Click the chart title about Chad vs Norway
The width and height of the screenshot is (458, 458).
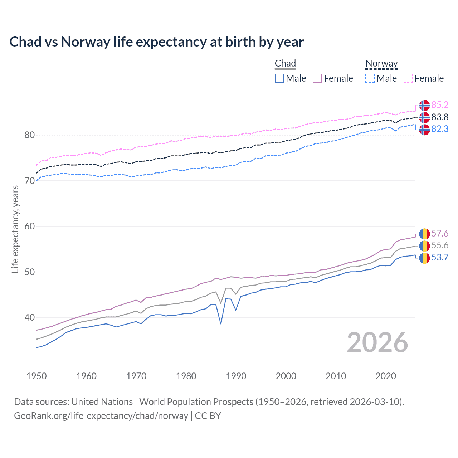point(156,42)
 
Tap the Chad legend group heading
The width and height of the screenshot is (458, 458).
point(285,63)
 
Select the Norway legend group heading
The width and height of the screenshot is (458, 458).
point(381,63)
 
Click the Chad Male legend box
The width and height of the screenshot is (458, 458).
point(279,78)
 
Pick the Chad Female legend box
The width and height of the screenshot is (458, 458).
point(317,78)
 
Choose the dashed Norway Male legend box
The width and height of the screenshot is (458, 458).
point(370,78)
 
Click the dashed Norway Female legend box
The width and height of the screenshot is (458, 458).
point(408,78)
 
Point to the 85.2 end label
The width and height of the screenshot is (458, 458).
point(440,105)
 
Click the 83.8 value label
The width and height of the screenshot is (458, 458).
point(440,117)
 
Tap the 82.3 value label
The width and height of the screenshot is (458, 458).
point(440,129)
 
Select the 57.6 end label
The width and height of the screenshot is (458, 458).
point(440,234)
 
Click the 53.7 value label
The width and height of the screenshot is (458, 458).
point(440,257)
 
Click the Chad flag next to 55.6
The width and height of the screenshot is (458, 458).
point(424,246)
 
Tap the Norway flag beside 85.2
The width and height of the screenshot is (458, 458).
point(424,105)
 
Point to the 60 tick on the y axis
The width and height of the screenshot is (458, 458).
point(30,226)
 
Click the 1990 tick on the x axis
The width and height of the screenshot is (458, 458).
point(236,376)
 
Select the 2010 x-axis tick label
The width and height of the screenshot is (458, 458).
point(336,376)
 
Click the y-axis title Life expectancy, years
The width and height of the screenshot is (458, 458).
point(15,229)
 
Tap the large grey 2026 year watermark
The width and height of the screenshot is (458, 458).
point(377,342)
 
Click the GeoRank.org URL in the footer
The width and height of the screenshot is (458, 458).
point(101,416)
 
